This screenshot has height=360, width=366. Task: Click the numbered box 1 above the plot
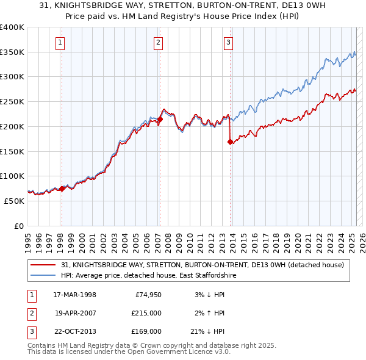click(x=61, y=42)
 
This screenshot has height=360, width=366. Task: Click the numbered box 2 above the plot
click(x=158, y=42)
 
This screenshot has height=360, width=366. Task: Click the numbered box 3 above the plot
click(x=228, y=42)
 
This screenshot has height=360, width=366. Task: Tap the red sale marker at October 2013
click(x=230, y=142)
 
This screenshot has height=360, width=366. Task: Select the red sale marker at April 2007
click(x=160, y=120)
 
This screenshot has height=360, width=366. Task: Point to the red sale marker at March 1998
click(x=62, y=189)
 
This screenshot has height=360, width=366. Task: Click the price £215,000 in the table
click(x=146, y=313)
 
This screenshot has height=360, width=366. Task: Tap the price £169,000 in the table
click(x=146, y=331)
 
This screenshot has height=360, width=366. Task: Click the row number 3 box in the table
click(x=30, y=331)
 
